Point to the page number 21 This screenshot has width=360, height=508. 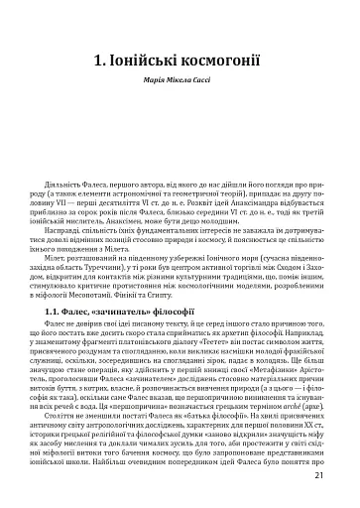pos(333,475)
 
